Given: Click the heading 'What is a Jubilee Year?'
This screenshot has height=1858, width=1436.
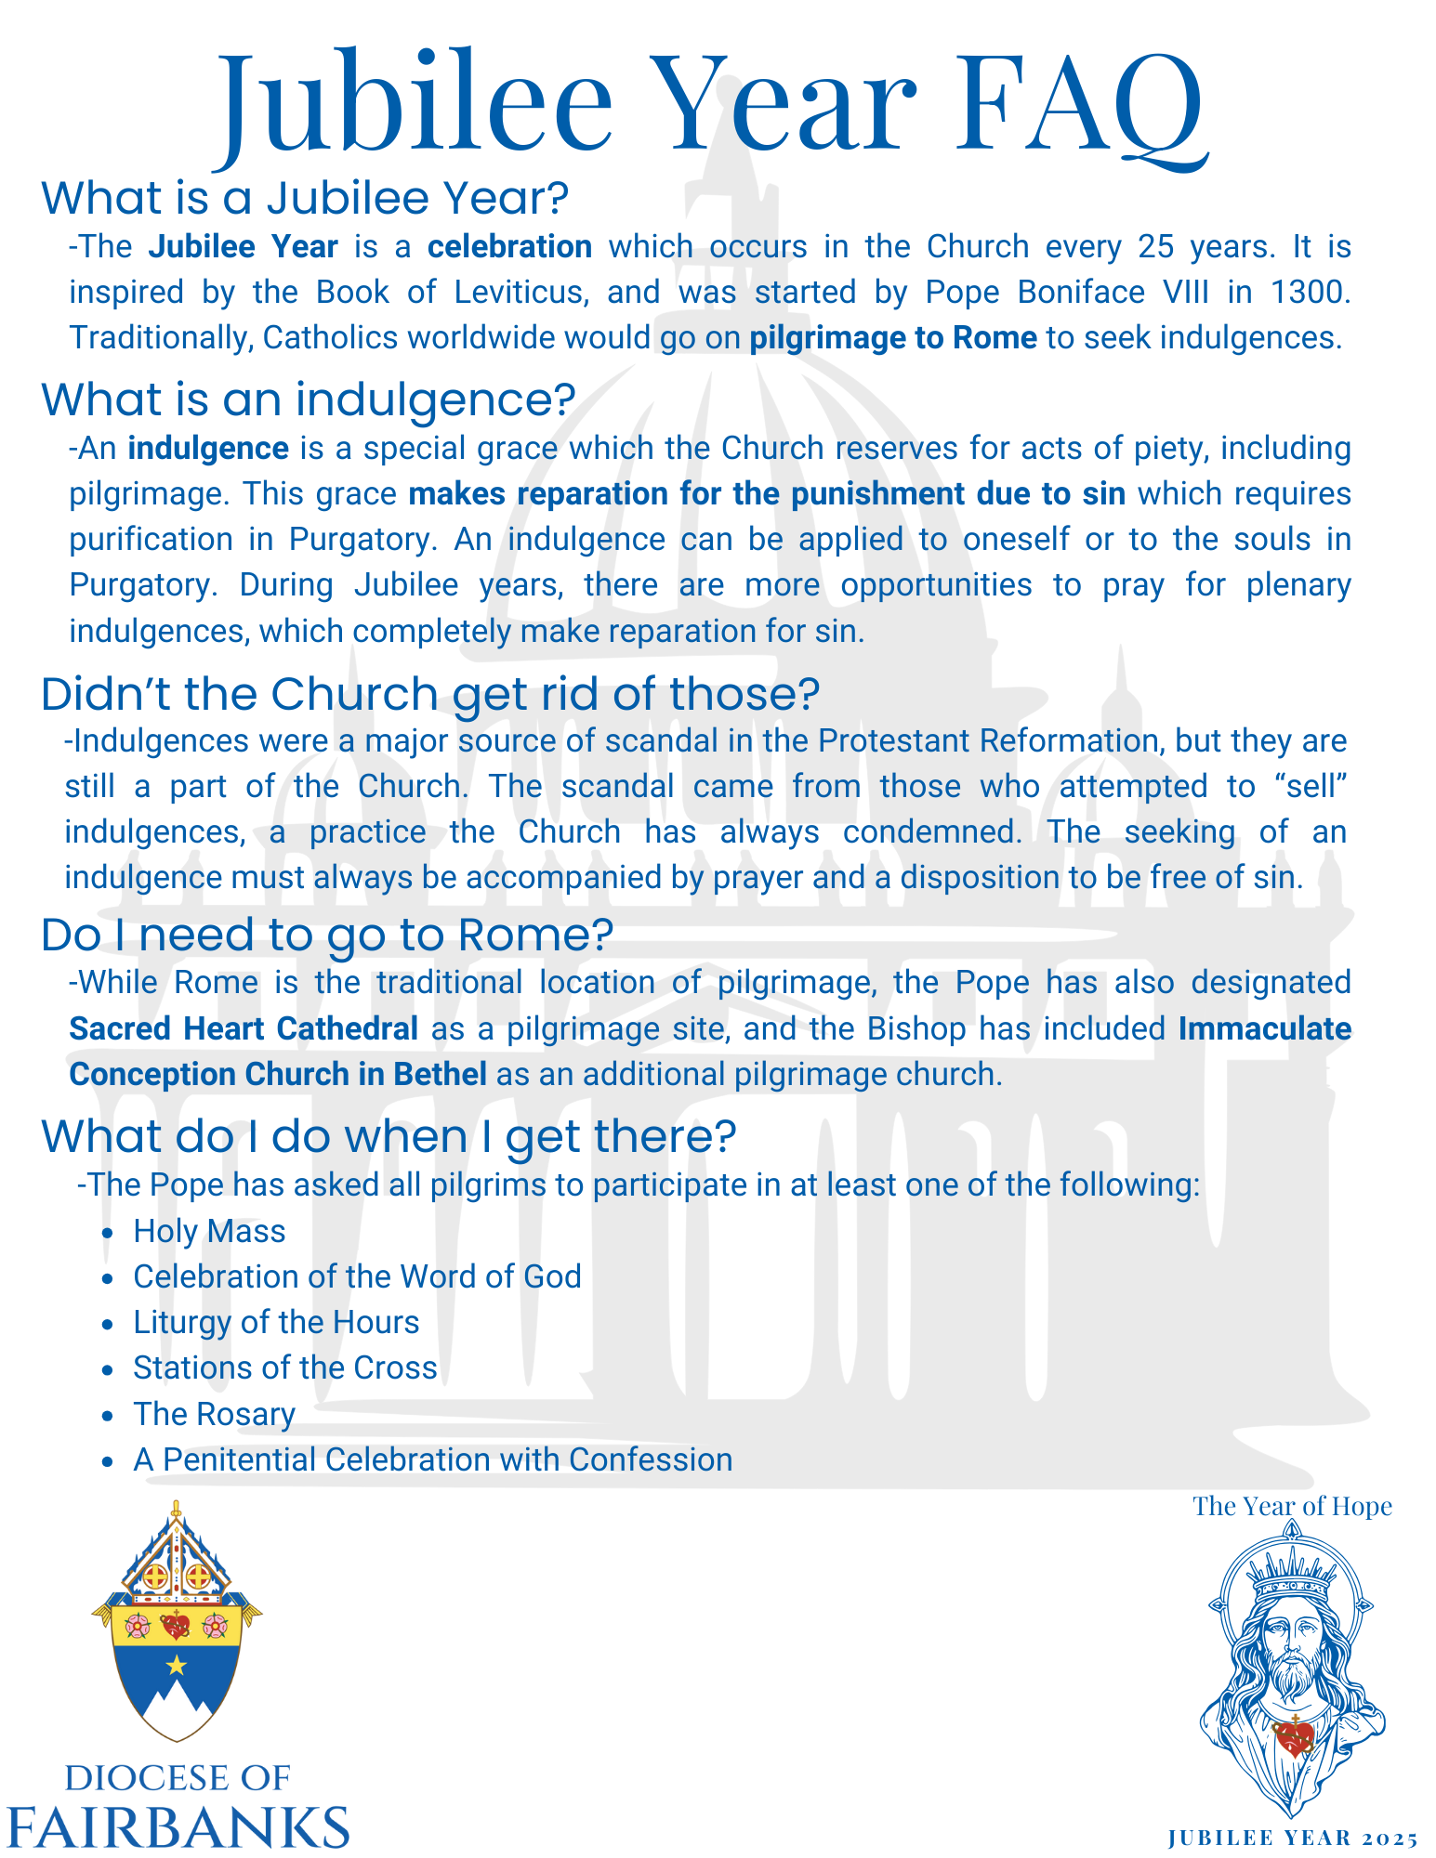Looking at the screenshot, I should (x=305, y=198).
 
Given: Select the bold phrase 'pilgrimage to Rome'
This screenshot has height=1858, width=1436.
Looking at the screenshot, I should (x=893, y=337).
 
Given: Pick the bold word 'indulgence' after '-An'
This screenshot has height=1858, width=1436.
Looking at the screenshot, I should (x=208, y=448).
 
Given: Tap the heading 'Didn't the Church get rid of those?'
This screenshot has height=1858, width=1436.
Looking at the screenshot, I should (x=430, y=694).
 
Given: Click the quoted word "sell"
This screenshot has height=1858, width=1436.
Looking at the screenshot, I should (x=1313, y=786).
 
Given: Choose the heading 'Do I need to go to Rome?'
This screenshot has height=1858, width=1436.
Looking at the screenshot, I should (x=327, y=935).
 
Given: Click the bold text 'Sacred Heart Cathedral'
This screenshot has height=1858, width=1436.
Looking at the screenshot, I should (x=244, y=1028).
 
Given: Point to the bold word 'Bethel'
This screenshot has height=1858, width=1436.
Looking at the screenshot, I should (x=441, y=1074).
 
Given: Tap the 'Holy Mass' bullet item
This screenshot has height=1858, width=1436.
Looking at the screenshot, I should (x=209, y=1231).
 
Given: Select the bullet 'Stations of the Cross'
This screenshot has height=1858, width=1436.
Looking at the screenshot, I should (x=284, y=1367).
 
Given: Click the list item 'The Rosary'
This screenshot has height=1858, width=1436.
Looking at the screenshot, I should (x=214, y=1414).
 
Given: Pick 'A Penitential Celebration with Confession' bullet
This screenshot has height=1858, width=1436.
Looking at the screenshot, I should (x=432, y=1459).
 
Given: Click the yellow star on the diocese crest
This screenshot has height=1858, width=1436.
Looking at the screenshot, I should (x=176, y=1665).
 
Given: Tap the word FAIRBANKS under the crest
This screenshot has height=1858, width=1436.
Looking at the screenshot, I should (x=177, y=1826).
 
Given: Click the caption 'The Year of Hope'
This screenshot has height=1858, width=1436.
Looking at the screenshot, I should (x=1292, y=1506).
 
